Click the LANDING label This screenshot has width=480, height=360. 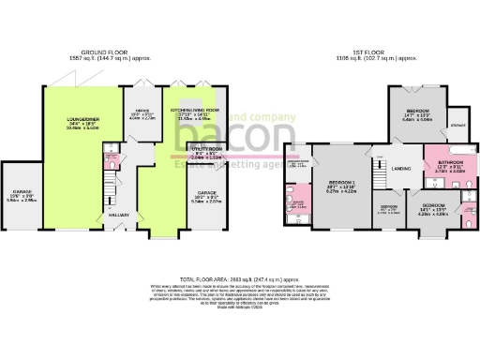click(x=401, y=169)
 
